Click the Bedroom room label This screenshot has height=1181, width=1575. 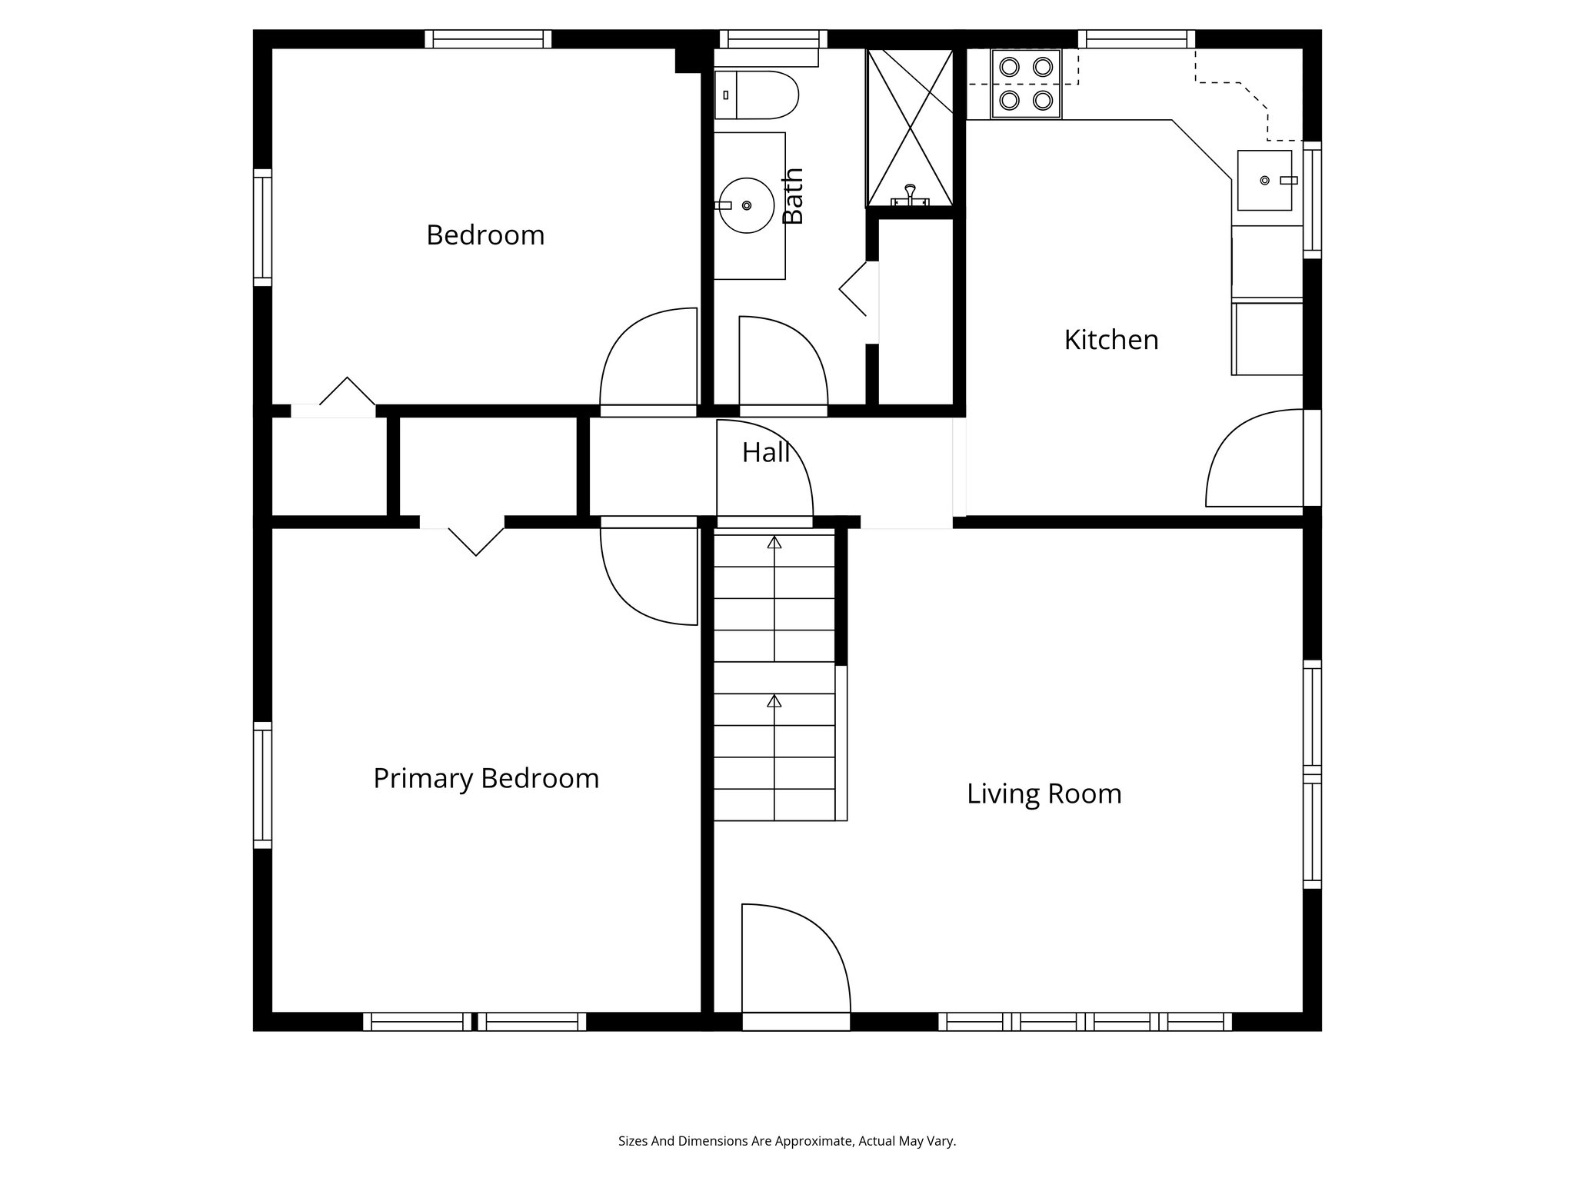pyautogui.click(x=485, y=235)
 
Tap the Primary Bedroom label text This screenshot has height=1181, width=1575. pyautogui.click(x=486, y=779)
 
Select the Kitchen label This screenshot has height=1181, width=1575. pyautogui.click(x=1110, y=340)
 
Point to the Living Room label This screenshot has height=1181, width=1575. pyautogui.click(x=1044, y=794)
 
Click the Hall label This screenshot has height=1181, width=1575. pyautogui.click(x=765, y=453)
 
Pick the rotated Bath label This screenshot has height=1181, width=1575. pyautogui.click(x=793, y=196)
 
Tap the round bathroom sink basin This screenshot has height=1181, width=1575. pyautogui.click(x=746, y=205)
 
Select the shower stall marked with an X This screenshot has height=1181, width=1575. pyautogui.click(x=910, y=127)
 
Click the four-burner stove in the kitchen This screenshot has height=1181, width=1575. pyautogui.click(x=1026, y=84)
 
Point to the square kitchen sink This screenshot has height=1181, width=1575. pyautogui.click(x=1264, y=181)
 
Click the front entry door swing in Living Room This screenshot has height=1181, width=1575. pyautogui.click(x=792, y=961)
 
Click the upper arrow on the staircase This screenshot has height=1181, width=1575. pyautogui.click(x=774, y=543)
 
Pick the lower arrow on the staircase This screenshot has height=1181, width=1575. pyautogui.click(x=774, y=701)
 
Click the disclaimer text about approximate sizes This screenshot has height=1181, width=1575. pyautogui.click(x=787, y=1141)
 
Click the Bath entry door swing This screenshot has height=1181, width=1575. pyautogui.click(x=781, y=361)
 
